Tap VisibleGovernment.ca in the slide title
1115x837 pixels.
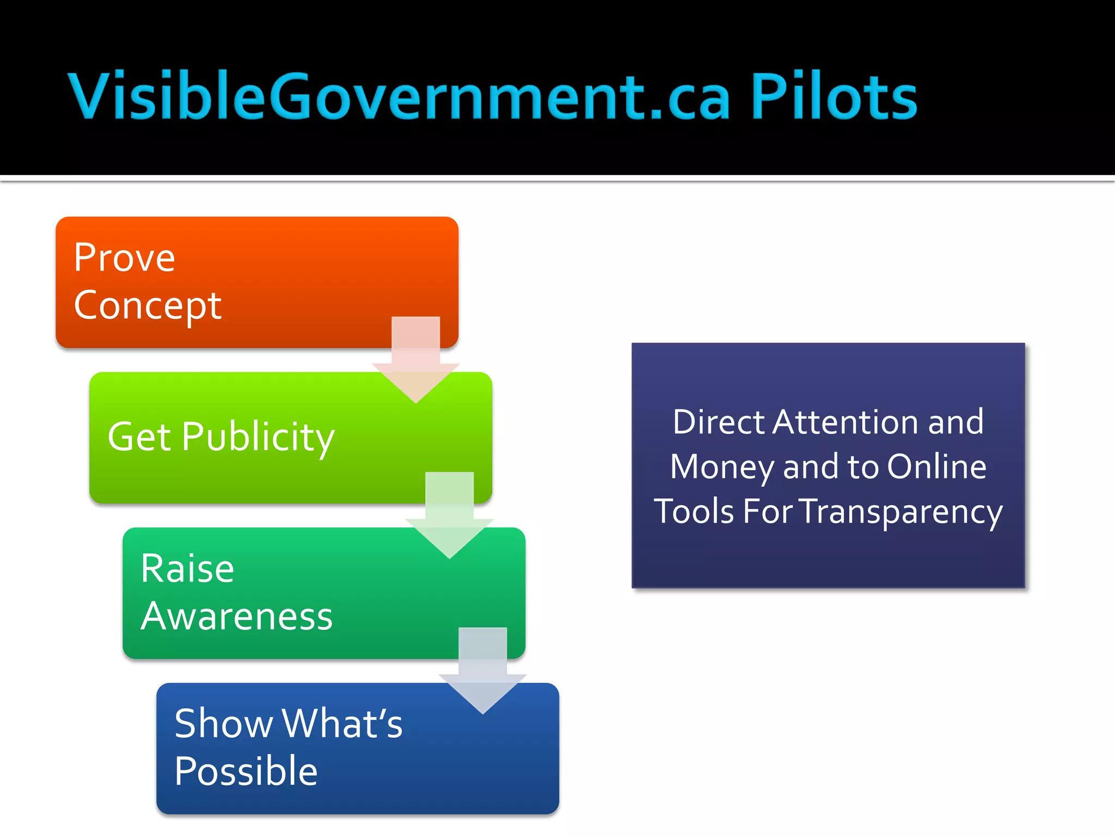point(399,96)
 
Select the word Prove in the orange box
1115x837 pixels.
point(125,257)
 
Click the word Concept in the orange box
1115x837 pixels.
point(148,306)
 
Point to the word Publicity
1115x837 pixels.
point(258,438)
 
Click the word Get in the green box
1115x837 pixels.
point(139,437)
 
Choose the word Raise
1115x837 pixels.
point(187,569)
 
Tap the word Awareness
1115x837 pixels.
point(237,616)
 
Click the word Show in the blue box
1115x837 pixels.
point(223,724)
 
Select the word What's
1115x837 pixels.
point(342,724)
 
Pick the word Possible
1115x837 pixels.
point(246,771)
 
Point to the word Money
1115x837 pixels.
point(722,468)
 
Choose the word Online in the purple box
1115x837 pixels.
point(936,466)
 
